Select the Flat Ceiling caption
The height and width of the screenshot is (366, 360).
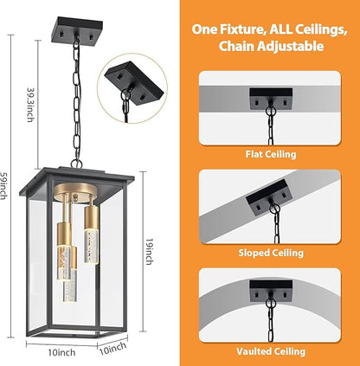tap(271, 154)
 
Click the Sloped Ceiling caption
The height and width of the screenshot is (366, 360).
tap(271, 253)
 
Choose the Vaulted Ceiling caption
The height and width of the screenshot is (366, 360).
tap(271, 351)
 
